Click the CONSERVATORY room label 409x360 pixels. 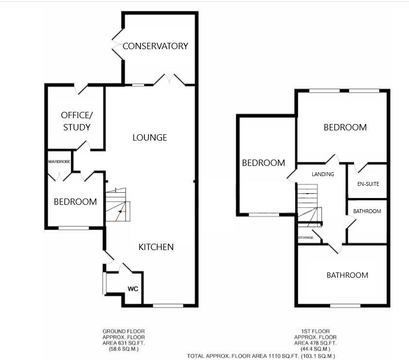(155, 46)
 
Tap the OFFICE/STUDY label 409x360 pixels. (76, 121)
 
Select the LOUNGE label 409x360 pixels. (150, 138)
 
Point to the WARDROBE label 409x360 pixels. (59, 161)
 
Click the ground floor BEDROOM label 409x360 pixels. (75, 201)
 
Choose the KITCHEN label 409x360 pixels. (156, 247)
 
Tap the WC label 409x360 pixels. (133, 289)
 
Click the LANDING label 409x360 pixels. (323, 174)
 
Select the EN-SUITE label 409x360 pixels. (368, 184)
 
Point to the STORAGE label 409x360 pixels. (305, 238)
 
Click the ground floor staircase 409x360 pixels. (118, 204)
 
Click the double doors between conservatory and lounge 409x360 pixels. (170, 79)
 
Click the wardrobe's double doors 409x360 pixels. (60, 176)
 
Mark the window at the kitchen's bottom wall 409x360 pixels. (168, 306)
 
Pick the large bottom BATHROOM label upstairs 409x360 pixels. (347, 275)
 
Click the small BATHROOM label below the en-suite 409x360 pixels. (367, 211)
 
